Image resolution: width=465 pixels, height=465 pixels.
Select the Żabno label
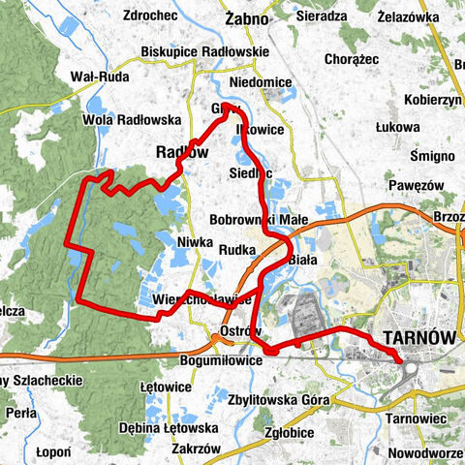[245, 17]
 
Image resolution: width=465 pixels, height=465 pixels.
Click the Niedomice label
[260, 82]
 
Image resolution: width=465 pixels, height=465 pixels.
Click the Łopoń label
[47, 451]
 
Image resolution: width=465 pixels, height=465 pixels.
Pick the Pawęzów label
[415, 184]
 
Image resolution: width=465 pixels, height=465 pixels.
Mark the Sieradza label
[323, 16]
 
